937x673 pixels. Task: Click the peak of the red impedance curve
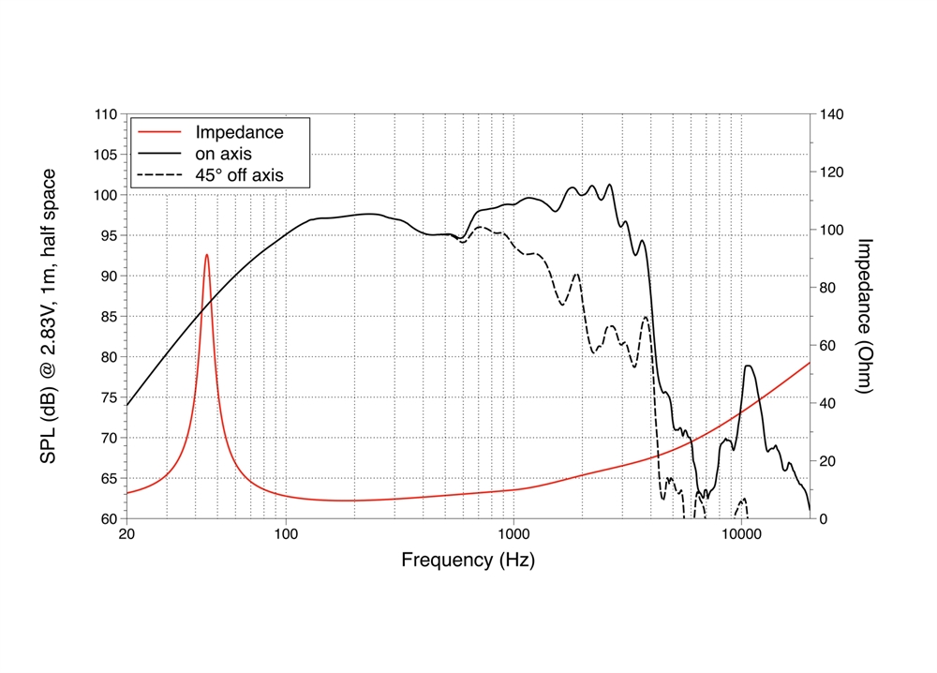click(207, 254)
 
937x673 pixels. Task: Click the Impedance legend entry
click(238, 132)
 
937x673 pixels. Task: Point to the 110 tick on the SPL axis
click(105, 114)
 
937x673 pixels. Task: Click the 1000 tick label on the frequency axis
click(513, 535)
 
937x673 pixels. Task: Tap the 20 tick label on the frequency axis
click(126, 535)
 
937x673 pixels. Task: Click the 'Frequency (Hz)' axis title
click(468, 561)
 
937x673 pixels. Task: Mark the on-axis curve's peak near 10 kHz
click(749, 366)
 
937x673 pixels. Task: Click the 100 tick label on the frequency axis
click(286, 535)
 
